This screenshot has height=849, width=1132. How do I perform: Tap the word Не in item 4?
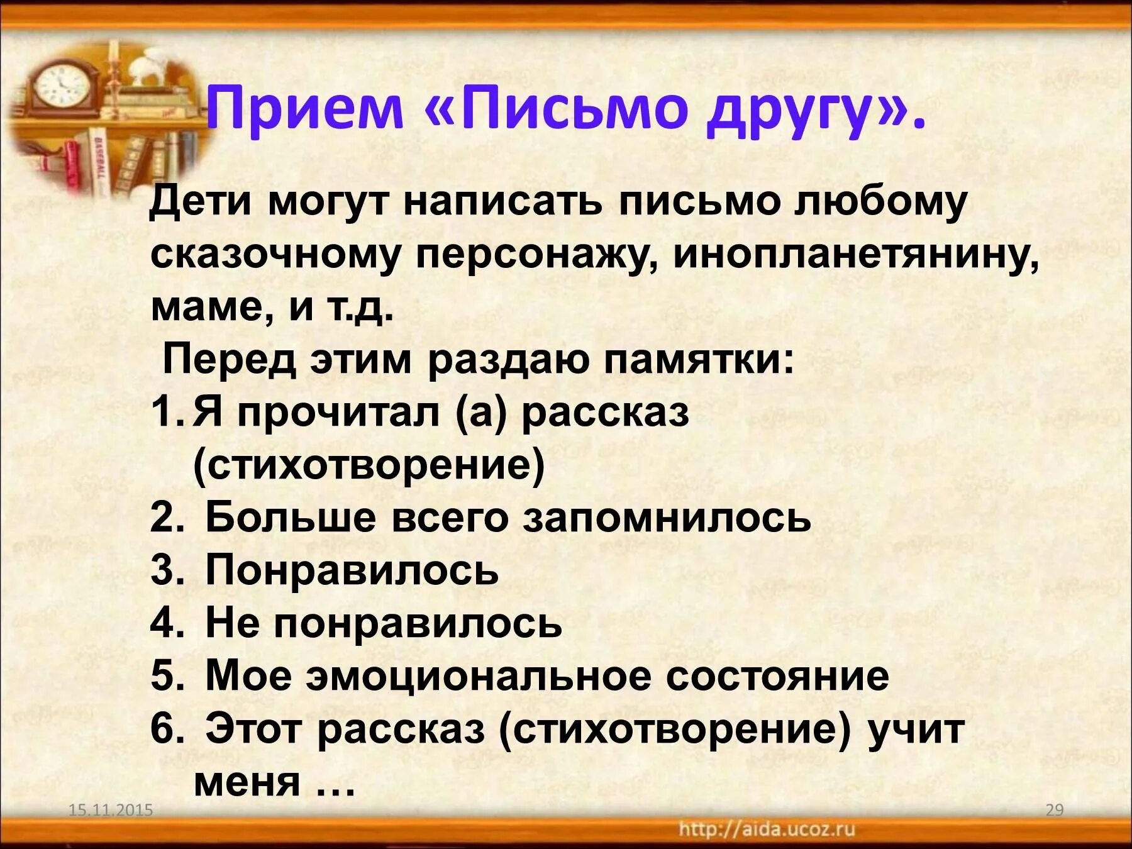tap(230, 623)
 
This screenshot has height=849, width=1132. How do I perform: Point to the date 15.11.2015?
tap(111, 810)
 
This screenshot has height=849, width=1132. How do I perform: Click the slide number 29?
tap(1055, 810)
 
